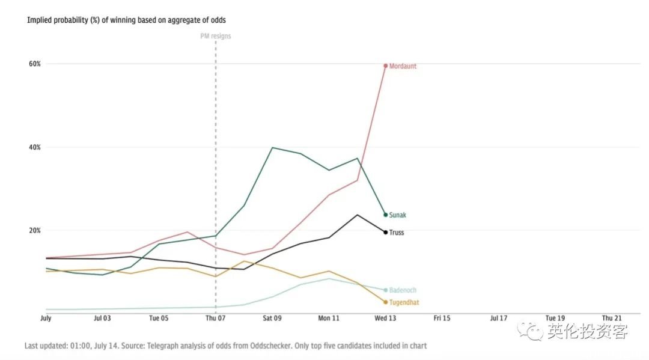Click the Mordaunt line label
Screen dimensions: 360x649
coord(403,67)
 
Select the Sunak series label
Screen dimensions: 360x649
coord(398,215)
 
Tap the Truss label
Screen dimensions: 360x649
coord(397,233)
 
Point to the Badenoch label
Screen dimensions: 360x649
coord(403,290)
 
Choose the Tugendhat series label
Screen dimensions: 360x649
coord(404,303)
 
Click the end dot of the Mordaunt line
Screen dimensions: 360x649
coord(385,66)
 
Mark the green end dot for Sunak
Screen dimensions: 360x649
coord(385,215)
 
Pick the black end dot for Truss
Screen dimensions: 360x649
coord(385,232)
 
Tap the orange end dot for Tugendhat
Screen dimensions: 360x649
coord(385,302)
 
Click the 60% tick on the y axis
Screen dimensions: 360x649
coord(34,64)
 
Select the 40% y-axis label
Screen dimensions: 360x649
coord(34,147)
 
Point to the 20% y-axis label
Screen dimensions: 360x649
coord(34,230)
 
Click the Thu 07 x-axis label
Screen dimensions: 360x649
coord(215,319)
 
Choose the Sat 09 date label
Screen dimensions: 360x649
coord(272,319)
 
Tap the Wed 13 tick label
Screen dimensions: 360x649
coord(385,319)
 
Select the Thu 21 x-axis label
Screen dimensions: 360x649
coord(611,319)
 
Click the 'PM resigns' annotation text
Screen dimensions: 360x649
coord(215,36)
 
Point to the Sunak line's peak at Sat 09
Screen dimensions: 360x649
coord(272,147)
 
